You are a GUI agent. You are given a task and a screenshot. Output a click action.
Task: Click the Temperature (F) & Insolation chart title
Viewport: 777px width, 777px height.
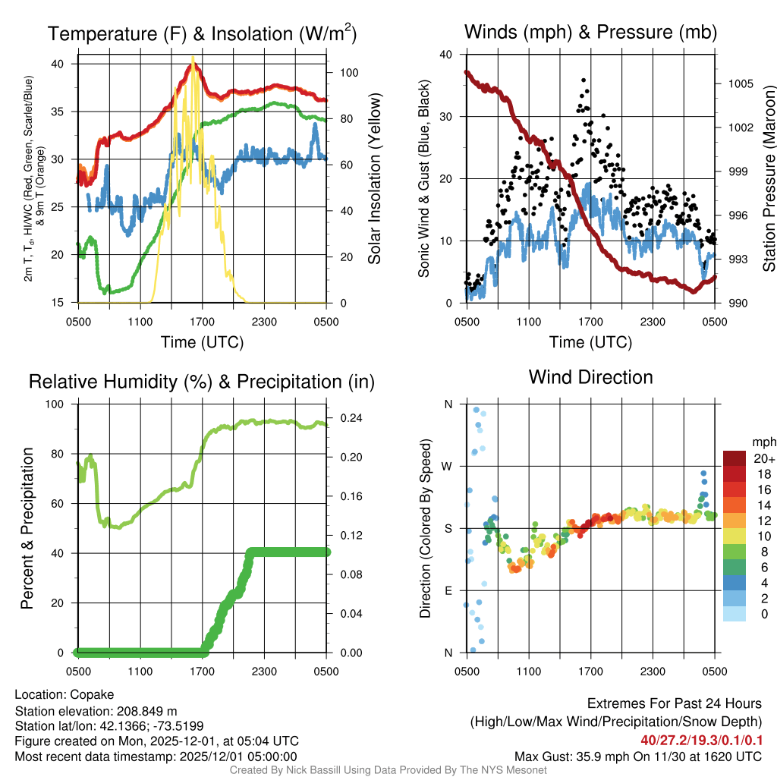(x=202, y=33)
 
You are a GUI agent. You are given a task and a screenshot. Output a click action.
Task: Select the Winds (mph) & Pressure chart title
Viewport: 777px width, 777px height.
(x=590, y=33)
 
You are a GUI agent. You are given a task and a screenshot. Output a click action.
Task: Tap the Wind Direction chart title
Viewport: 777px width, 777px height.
(x=590, y=377)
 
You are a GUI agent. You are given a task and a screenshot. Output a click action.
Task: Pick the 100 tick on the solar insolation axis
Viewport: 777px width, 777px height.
(x=349, y=74)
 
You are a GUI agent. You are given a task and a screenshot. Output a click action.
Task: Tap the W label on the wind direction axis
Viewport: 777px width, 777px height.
(x=448, y=466)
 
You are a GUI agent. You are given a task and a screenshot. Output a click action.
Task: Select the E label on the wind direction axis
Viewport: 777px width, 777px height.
(x=448, y=590)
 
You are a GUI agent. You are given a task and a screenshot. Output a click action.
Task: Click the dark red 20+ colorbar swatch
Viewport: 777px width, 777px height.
(x=734, y=458)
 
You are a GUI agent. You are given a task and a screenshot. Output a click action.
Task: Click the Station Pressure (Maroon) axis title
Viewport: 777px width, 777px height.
(x=768, y=178)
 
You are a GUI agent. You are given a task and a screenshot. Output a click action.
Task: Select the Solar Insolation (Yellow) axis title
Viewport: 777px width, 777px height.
(x=375, y=178)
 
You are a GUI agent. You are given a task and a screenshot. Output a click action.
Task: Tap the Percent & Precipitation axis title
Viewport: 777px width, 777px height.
(x=27, y=528)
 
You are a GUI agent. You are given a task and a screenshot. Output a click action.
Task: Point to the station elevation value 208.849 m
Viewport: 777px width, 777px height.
(x=146, y=711)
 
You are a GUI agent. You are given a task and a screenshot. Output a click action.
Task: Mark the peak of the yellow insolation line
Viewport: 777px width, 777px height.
(x=193, y=58)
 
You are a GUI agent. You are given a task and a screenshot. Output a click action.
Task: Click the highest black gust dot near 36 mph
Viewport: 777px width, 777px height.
(x=583, y=80)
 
